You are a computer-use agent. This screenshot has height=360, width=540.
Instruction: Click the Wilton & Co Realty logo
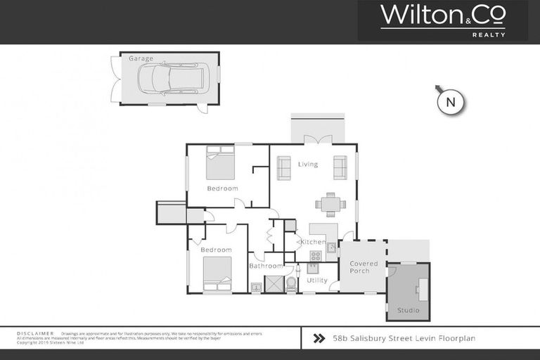click(x=442, y=20)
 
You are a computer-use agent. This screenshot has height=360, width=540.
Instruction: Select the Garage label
click(x=141, y=59)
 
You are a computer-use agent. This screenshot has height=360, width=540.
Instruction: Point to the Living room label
click(x=308, y=165)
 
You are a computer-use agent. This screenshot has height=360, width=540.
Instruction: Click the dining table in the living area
click(x=330, y=204)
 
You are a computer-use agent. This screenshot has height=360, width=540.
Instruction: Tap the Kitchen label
click(x=313, y=242)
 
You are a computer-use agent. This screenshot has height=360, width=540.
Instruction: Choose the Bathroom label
click(x=266, y=266)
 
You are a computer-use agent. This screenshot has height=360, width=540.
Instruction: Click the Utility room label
click(x=317, y=280)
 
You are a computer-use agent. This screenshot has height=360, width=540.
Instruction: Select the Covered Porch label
click(x=364, y=267)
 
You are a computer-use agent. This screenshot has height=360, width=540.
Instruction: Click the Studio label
click(x=408, y=310)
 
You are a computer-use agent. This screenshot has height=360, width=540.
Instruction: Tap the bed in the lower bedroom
click(x=217, y=274)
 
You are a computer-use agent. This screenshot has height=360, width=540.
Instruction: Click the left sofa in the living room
click(x=284, y=167)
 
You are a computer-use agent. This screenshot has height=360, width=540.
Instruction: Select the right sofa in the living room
click(x=340, y=167)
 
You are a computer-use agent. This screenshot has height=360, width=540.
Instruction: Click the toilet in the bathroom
click(x=291, y=283)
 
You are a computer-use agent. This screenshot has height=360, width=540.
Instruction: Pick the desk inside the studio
click(x=423, y=288)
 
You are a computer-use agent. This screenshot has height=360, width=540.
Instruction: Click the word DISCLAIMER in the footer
click(x=35, y=333)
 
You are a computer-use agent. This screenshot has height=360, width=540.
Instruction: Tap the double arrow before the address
click(x=319, y=338)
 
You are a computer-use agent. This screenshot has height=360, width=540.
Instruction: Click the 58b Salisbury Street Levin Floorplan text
click(x=404, y=338)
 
